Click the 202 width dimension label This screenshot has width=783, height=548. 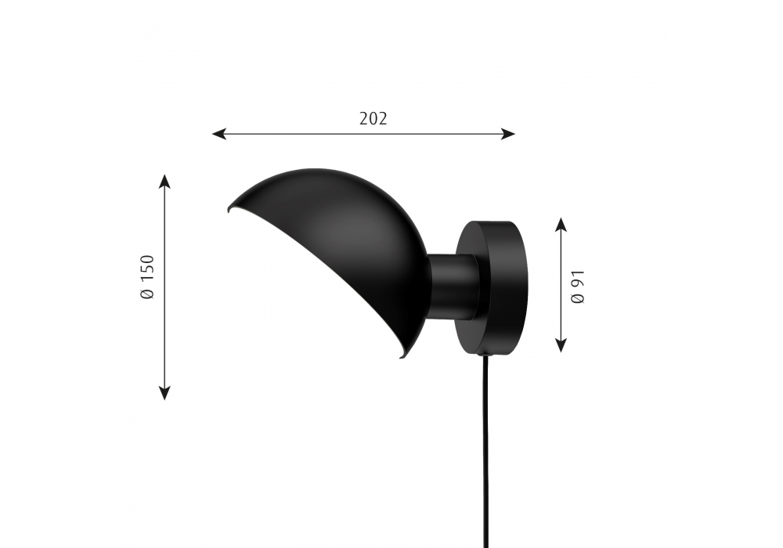373,119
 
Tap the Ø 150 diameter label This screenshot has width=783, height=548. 148,277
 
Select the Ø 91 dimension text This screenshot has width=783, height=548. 577,287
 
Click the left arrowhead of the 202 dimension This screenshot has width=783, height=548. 218,134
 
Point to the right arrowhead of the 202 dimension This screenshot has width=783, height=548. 508,134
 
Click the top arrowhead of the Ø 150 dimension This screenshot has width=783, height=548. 164,181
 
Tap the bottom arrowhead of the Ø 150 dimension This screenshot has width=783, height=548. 164,393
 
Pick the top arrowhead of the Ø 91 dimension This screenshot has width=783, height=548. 561,225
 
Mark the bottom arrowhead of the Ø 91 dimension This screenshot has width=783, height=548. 561,345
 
